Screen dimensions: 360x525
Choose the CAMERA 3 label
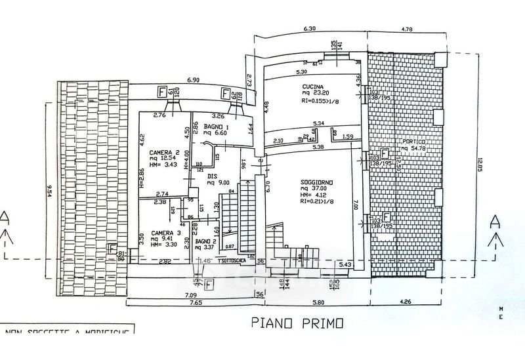165,233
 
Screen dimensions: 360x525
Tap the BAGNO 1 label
216,125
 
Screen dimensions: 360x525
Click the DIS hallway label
212,176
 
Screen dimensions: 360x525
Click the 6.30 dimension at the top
310,29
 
